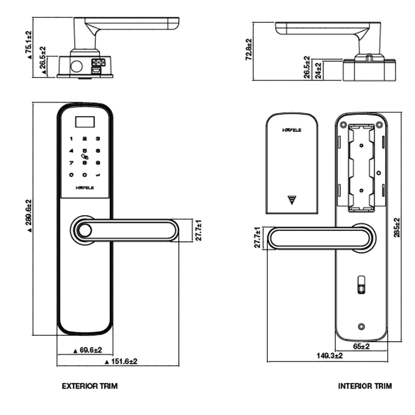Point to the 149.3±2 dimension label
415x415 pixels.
(x=330, y=355)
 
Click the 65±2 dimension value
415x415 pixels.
(x=361, y=346)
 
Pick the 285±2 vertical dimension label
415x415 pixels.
(x=397, y=226)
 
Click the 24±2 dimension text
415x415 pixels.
(x=318, y=70)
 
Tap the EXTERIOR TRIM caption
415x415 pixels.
(x=90, y=386)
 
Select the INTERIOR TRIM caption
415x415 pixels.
(x=365, y=386)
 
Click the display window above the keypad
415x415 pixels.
(x=85, y=123)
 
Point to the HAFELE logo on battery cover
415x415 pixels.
(x=292, y=130)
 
